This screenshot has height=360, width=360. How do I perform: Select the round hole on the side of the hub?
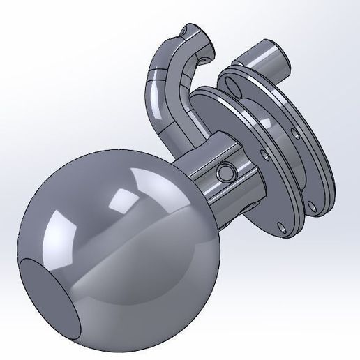click(x=225, y=172)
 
